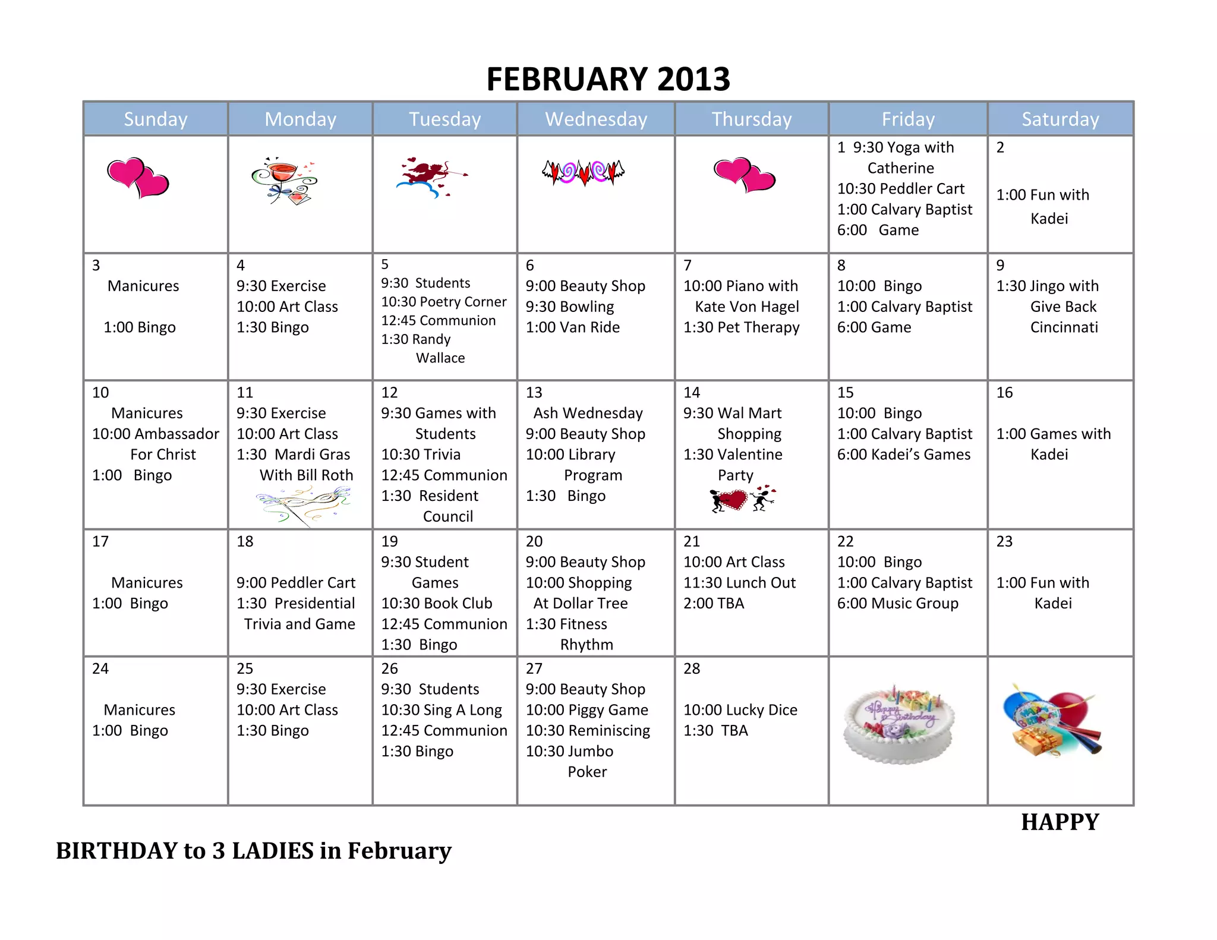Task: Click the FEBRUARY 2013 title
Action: [x=608, y=79]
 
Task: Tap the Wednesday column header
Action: [x=596, y=119]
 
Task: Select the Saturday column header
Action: [x=1060, y=119]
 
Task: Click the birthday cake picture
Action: [x=898, y=725]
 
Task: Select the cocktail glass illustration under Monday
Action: [x=285, y=181]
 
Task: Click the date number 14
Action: [x=692, y=393]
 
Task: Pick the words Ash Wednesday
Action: [x=588, y=413]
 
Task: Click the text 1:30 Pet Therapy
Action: [x=741, y=327]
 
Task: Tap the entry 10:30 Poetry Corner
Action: [x=443, y=302]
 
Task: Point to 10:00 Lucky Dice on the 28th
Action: [x=740, y=710]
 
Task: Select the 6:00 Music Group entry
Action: [x=897, y=604]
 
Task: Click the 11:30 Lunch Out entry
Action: [x=739, y=583]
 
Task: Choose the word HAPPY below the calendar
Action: [x=1060, y=822]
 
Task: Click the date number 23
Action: [x=1004, y=541]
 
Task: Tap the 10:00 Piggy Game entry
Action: [x=587, y=710]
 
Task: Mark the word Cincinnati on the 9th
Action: [x=1064, y=327]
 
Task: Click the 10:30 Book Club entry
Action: [x=436, y=604]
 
